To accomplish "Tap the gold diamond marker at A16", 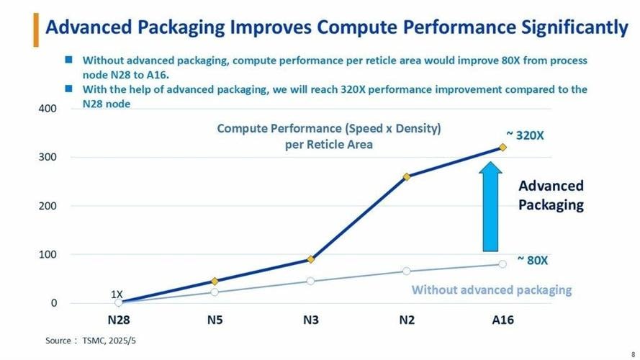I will click(502, 148).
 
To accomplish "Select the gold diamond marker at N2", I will click(407, 176).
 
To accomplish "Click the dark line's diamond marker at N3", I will click(310, 259).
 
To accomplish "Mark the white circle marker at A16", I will click(502, 264).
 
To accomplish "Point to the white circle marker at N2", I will click(407, 271).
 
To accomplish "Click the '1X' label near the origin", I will click(117, 294).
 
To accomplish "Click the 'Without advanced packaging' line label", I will click(491, 290).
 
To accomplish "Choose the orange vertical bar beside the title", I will click(36, 29).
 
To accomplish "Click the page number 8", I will click(633, 354).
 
